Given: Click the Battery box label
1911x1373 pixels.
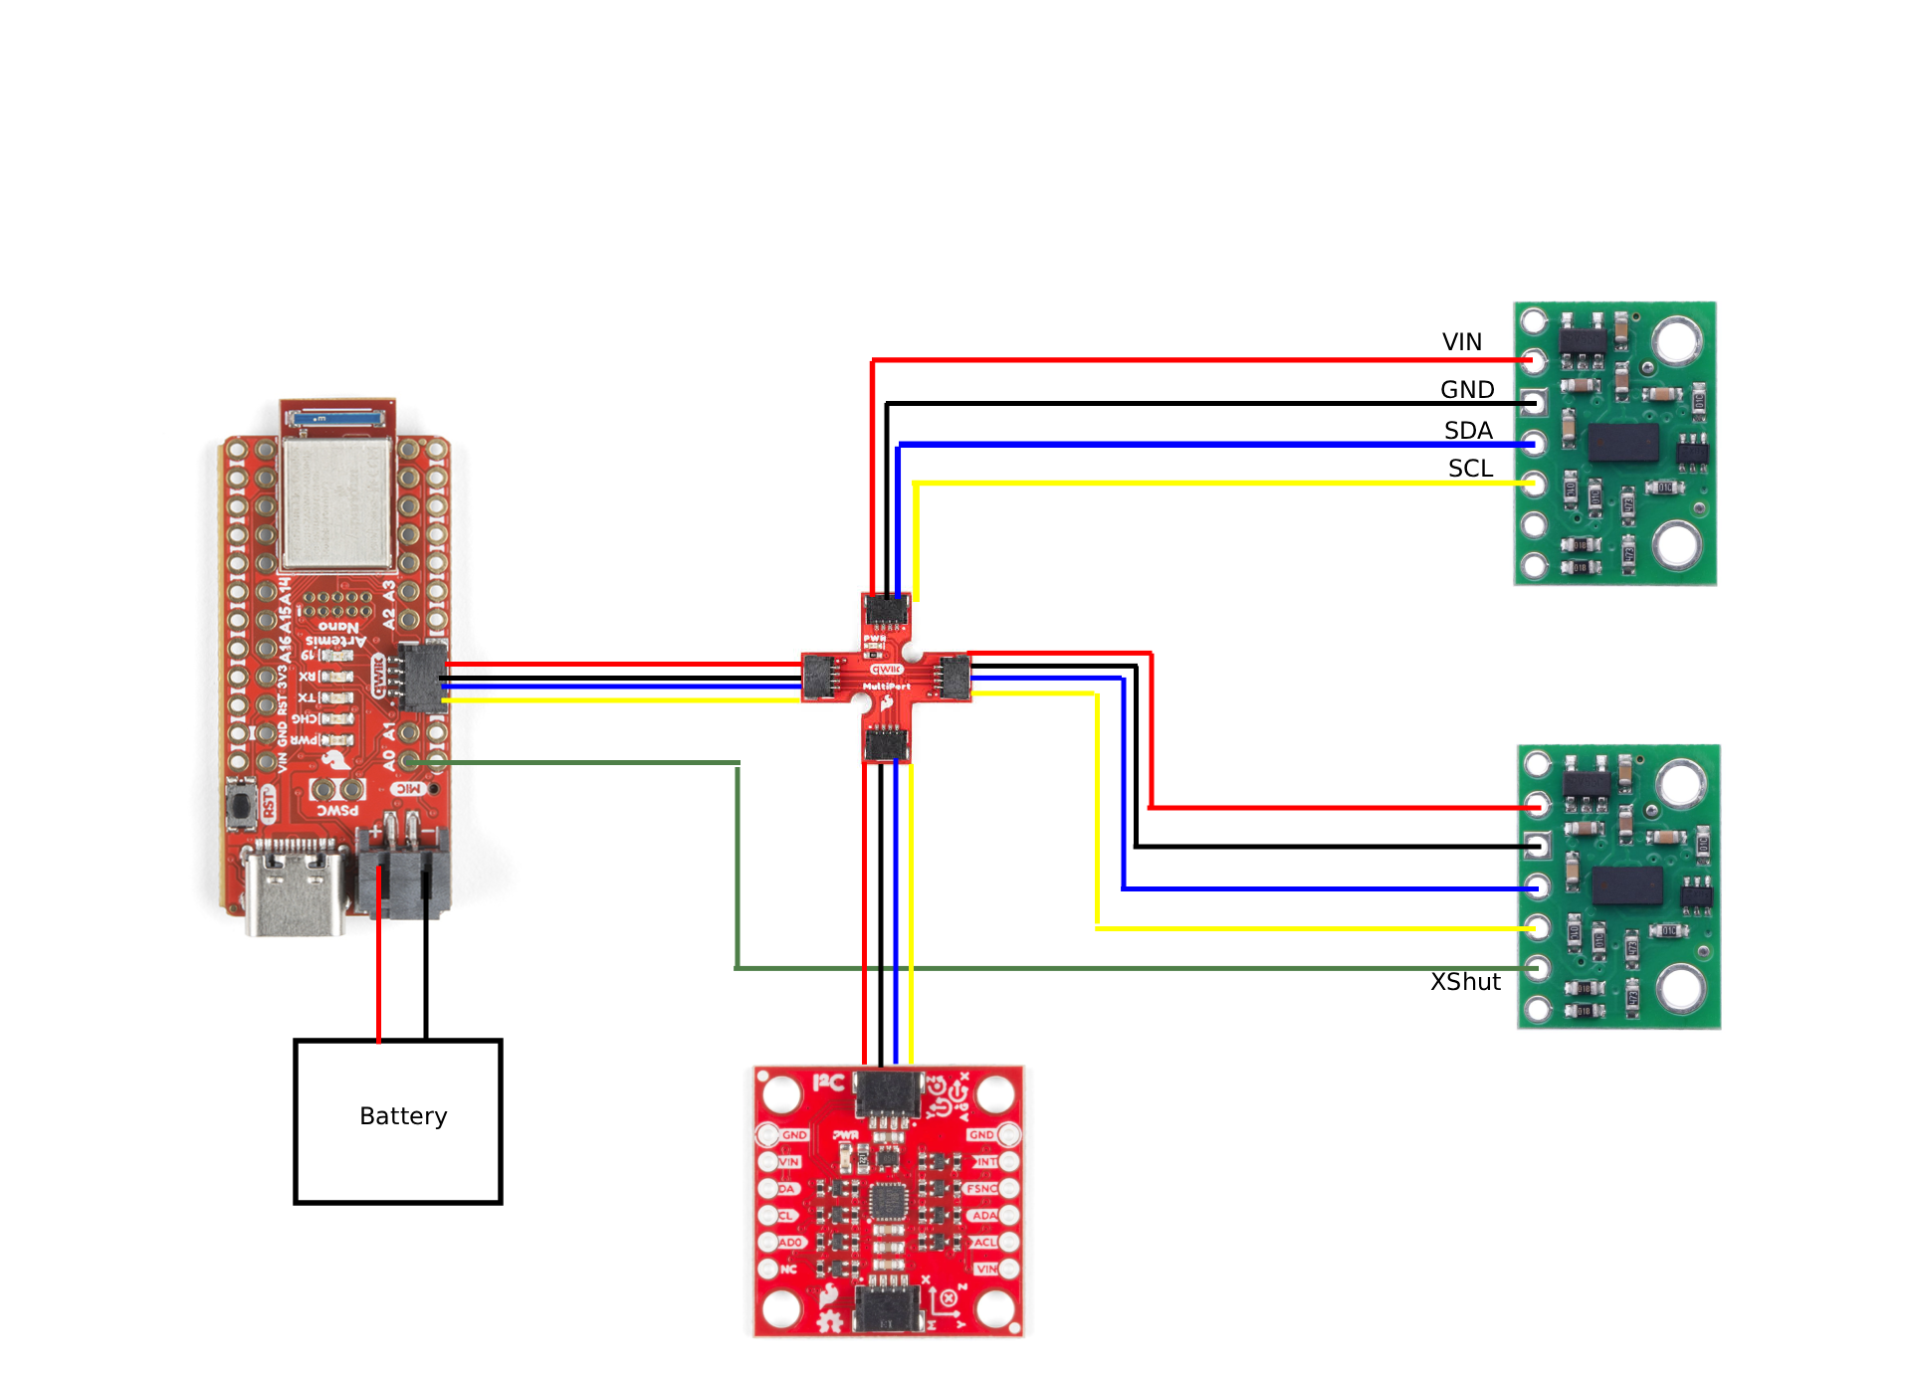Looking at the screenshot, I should coord(403,1116).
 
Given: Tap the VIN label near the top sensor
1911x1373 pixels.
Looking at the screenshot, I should coord(1461,342).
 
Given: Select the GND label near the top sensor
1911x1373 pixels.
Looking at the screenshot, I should coord(1467,390).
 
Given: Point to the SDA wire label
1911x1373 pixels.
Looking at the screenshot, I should coord(1468,431).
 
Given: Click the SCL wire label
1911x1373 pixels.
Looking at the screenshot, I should coord(1470,469).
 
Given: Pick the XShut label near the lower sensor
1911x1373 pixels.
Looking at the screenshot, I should coord(1465,982).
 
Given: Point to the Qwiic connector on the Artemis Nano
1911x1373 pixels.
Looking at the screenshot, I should coord(422,677).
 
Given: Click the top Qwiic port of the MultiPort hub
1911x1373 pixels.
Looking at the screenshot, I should coord(886,610).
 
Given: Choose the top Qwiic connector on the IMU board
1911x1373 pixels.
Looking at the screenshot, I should coord(888,1093).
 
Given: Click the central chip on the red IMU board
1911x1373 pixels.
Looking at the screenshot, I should coord(888,1201).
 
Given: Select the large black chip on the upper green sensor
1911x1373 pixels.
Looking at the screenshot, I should coord(1623,443).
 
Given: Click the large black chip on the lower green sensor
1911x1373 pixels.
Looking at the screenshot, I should coord(1627,885).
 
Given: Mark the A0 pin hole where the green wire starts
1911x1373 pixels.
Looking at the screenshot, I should coord(409,762).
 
